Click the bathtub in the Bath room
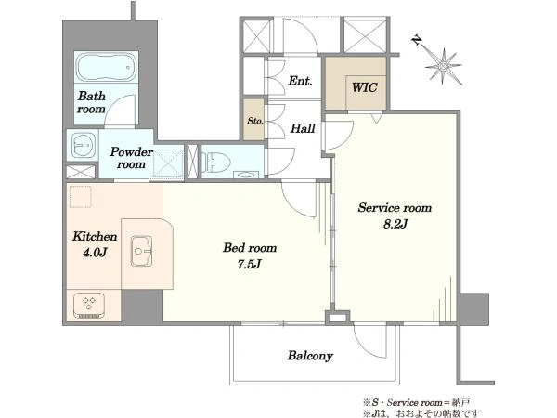click(x=106, y=67)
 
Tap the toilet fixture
click(x=216, y=162)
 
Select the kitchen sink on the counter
click(x=142, y=251)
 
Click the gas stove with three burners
click(x=89, y=306)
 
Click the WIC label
click(x=364, y=87)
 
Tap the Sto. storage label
click(x=255, y=121)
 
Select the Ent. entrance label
click(x=300, y=81)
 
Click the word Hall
click(x=303, y=128)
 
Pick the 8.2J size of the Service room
click(x=395, y=224)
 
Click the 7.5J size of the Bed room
click(x=250, y=264)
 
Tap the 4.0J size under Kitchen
click(x=95, y=253)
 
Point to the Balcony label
click(x=310, y=356)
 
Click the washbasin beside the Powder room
click(x=84, y=146)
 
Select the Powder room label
click(x=131, y=158)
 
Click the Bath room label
click(x=92, y=102)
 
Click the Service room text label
click(x=395, y=207)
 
